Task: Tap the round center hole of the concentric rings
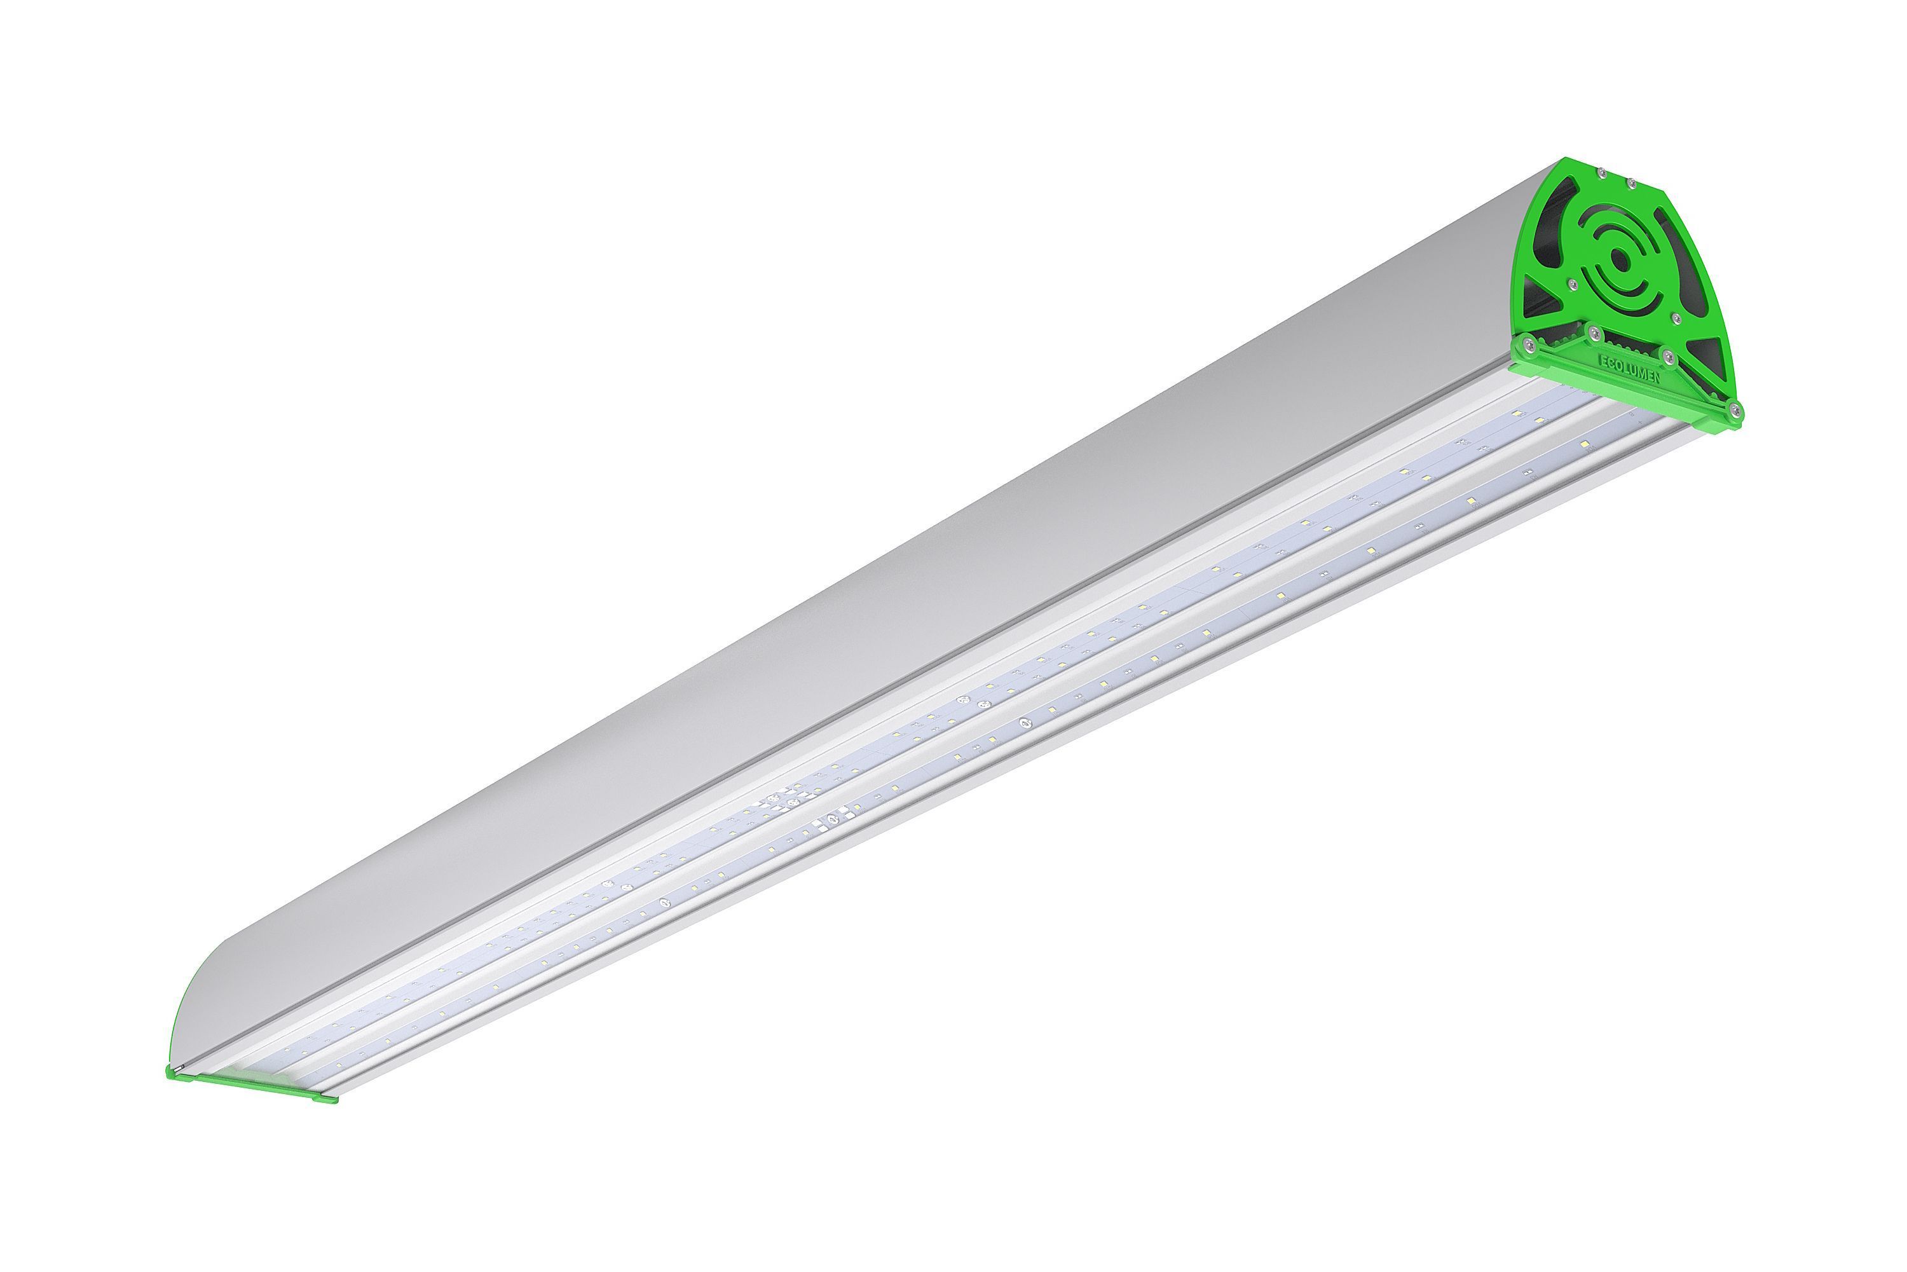tap(1619, 259)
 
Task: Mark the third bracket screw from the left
tap(1666, 355)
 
